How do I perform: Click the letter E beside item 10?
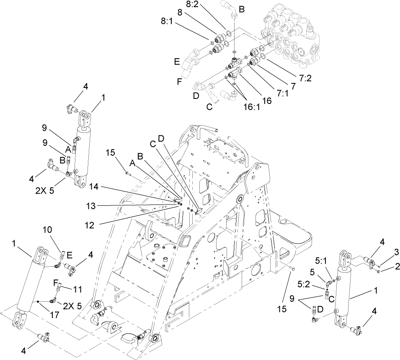70,254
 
